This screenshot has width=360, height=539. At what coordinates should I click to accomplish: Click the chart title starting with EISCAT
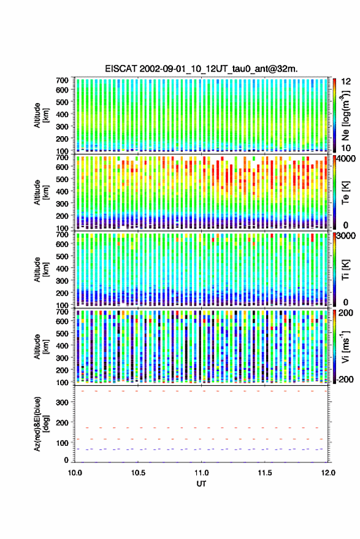202,69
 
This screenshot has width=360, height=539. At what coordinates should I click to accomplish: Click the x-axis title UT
201,484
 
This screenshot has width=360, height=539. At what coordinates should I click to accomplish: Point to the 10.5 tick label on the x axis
138,473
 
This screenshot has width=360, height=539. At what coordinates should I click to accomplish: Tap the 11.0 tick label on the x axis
201,473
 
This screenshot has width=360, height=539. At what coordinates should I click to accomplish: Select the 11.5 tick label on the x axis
264,473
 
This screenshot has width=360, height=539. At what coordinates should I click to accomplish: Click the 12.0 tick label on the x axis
328,473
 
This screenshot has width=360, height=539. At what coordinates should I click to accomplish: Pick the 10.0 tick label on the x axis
75,473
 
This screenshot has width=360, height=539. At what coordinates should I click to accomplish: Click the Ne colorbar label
345,115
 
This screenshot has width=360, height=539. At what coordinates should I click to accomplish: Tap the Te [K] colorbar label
345,193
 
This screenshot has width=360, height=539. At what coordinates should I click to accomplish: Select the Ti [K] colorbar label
345,270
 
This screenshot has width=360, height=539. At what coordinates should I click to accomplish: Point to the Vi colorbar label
345,346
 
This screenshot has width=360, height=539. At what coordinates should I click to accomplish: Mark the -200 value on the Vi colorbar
345,379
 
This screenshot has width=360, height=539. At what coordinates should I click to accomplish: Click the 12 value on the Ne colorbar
346,82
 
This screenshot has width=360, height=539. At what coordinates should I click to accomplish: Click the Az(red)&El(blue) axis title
41,424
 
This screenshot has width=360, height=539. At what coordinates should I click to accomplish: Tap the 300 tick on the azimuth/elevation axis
62,402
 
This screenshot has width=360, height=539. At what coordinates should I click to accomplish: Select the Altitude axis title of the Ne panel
41,115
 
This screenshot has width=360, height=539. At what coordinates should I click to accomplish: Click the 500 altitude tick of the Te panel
62,179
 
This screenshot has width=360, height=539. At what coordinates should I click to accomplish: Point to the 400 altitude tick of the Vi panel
62,345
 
